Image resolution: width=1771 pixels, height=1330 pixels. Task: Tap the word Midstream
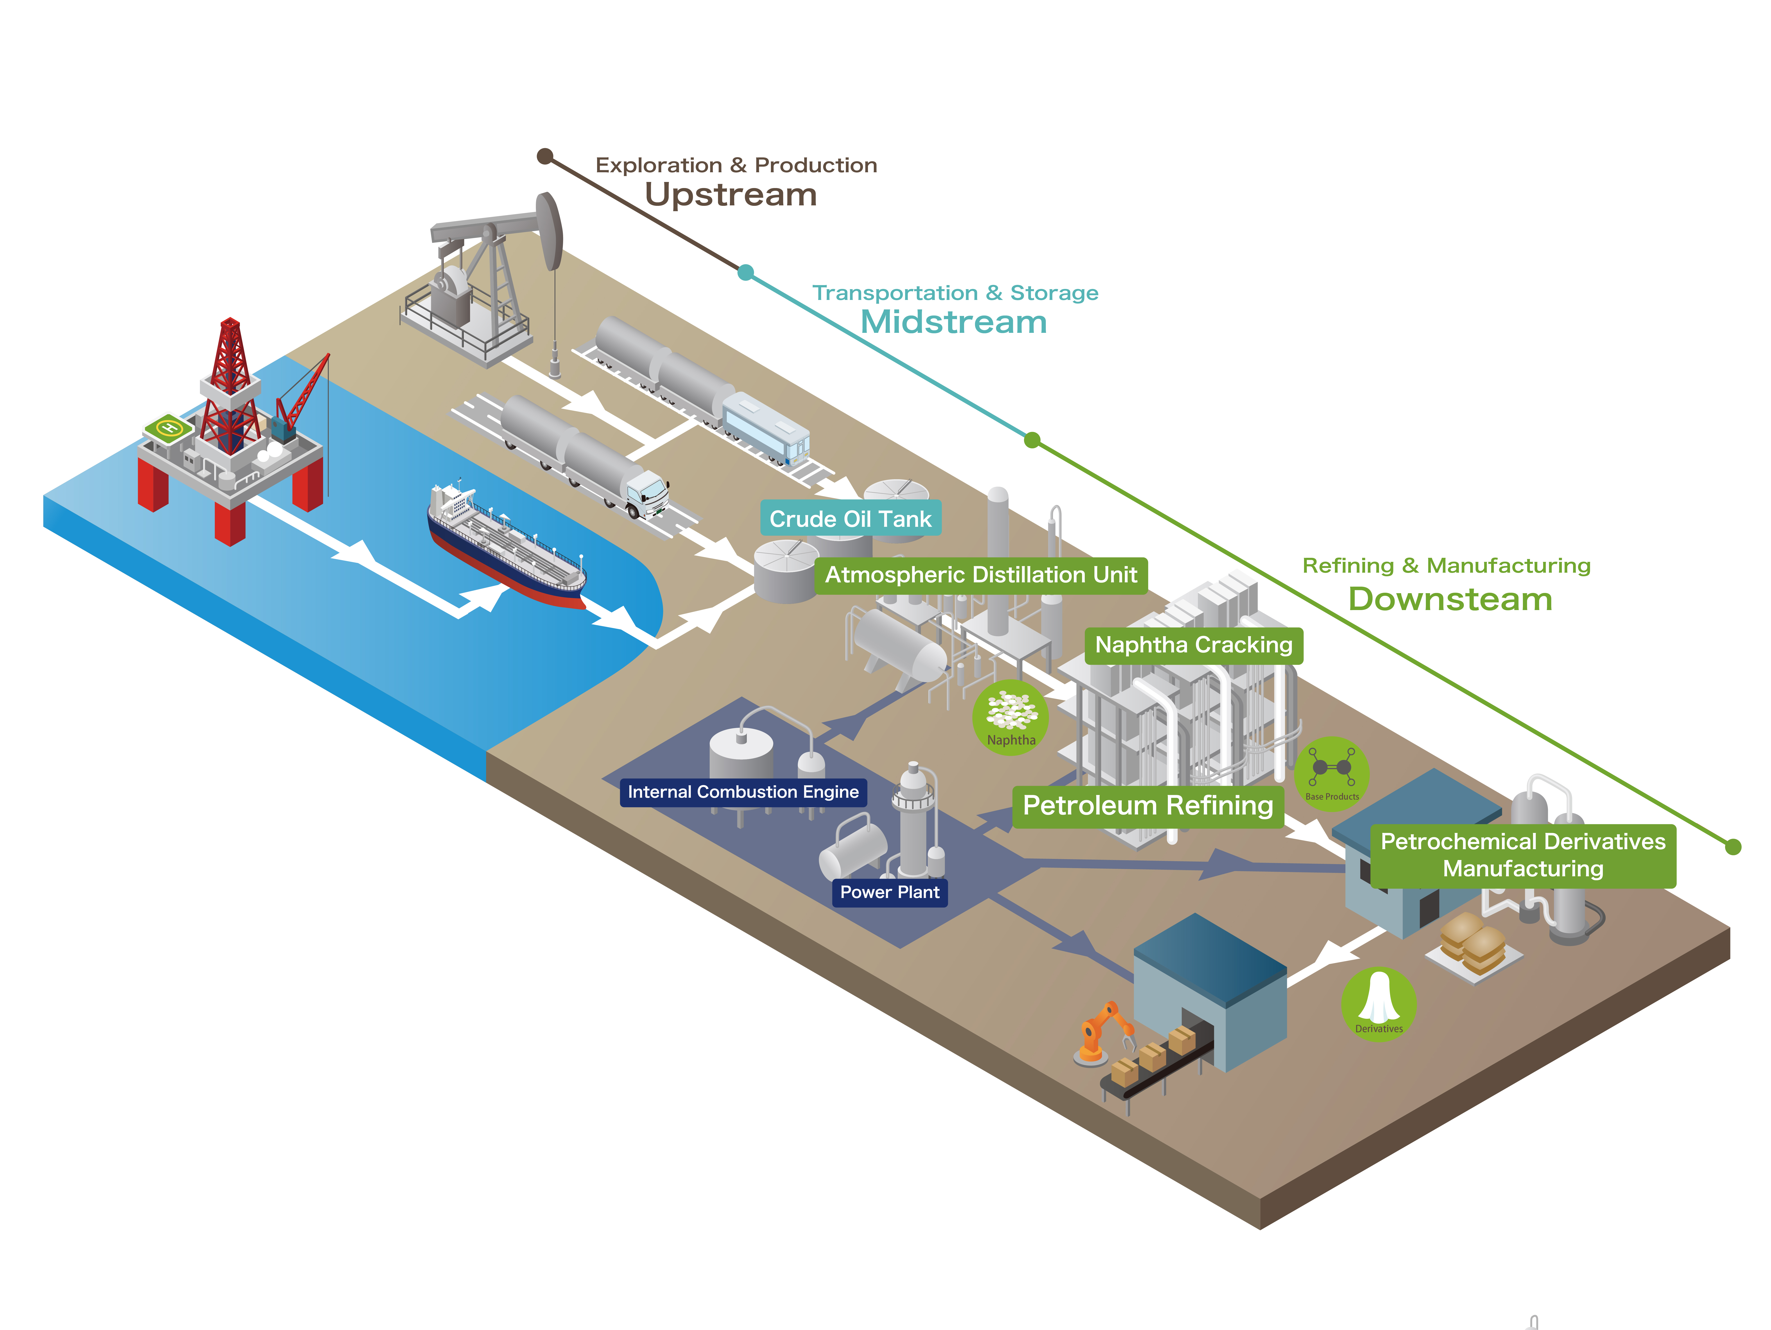953,322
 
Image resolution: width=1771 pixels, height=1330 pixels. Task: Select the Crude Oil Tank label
850,519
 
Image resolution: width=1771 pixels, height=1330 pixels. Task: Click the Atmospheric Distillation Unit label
981,575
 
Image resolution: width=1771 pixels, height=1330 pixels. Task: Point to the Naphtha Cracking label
1193,645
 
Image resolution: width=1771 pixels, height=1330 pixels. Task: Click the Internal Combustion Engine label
743,792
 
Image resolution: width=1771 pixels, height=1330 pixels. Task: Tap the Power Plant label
890,892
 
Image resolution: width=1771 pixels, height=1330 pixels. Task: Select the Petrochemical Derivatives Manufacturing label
1523,855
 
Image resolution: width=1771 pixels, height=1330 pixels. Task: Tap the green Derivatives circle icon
1379,1003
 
